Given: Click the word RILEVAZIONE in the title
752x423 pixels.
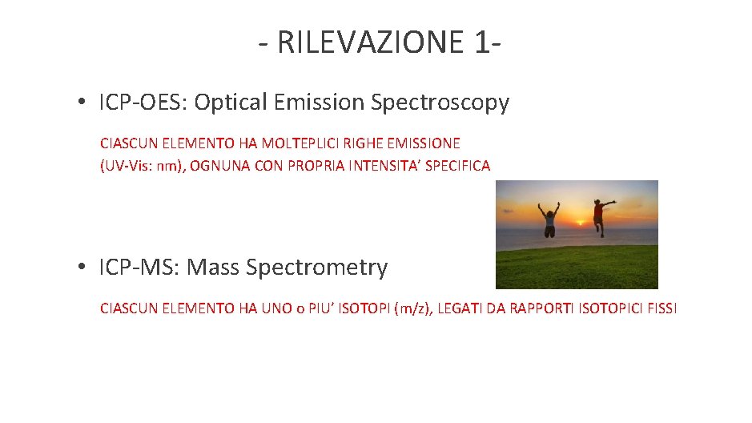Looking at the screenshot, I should [x=369, y=42].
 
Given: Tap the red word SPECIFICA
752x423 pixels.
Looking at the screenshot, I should [x=461, y=165].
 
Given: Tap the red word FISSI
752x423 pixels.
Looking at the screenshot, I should [x=659, y=307].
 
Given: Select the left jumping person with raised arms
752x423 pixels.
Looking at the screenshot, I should [x=549, y=219].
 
